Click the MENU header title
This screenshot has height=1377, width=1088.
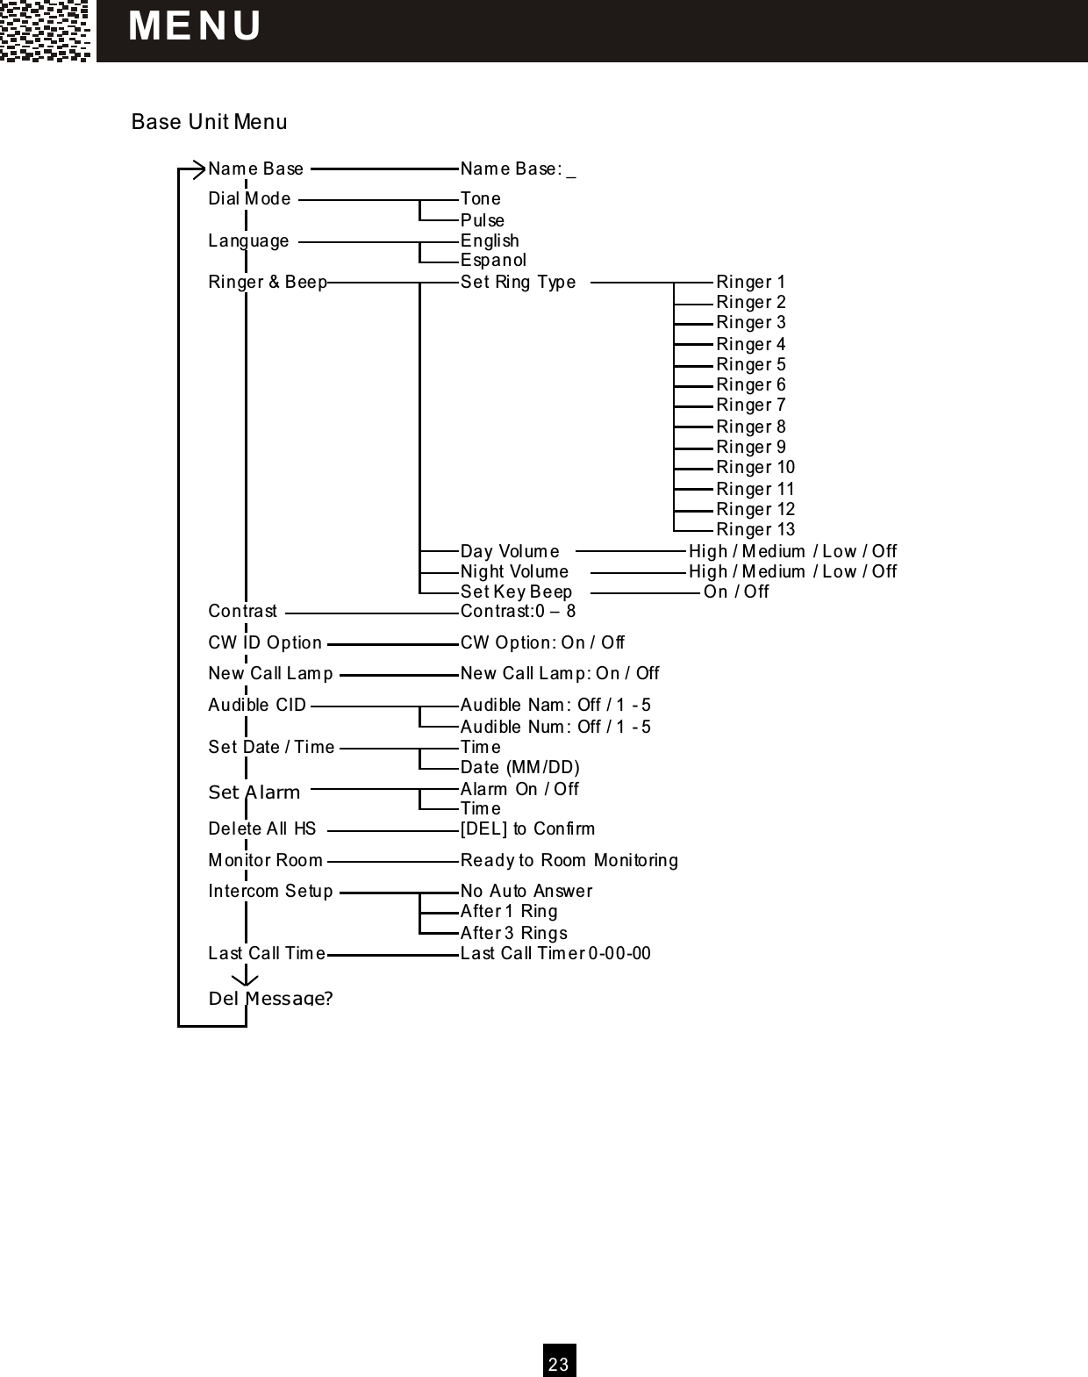click(195, 26)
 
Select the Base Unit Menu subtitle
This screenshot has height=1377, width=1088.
click(209, 122)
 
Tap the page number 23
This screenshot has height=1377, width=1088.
click(559, 1363)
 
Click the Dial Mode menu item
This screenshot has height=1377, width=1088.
click(249, 199)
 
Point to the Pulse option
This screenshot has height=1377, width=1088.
click(483, 220)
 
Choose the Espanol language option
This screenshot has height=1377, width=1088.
click(493, 261)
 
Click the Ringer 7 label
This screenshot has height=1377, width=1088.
click(750, 405)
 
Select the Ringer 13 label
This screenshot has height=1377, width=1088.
click(755, 530)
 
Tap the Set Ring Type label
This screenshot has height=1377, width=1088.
click(518, 283)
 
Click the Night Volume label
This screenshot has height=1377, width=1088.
click(514, 572)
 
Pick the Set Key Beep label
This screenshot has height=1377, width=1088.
click(516, 592)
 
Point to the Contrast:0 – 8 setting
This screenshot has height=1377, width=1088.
click(518, 612)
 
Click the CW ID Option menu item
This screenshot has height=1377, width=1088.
click(265, 643)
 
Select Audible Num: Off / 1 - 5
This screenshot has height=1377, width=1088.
click(555, 728)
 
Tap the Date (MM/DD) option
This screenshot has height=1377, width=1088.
click(519, 768)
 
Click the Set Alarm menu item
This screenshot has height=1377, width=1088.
click(254, 792)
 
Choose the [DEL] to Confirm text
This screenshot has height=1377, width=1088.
click(527, 829)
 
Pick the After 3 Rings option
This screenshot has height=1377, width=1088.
click(513, 934)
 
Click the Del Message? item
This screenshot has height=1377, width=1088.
click(270, 999)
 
